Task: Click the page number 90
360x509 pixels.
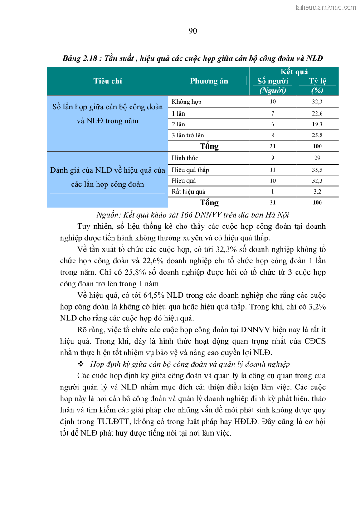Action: pyautogui.click(x=192, y=31)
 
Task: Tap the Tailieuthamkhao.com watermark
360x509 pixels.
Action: pyautogui.click(x=325, y=7)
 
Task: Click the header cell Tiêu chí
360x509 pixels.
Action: pyautogui.click(x=107, y=81)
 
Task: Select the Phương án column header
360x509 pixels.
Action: pyautogui.click(x=209, y=81)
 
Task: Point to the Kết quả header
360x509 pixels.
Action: pyautogui.click(x=294, y=72)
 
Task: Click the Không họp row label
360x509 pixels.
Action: pyautogui.click(x=187, y=102)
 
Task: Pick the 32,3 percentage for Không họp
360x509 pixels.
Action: pyautogui.click(x=317, y=102)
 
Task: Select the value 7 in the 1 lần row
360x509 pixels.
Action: pyautogui.click(x=272, y=113)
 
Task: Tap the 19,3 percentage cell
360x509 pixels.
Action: pyautogui.click(x=317, y=124)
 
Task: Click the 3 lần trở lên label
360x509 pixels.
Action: pyautogui.click(x=188, y=135)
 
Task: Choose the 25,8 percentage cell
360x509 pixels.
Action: pyautogui.click(x=317, y=135)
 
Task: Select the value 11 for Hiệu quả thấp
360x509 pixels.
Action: pyautogui.click(x=272, y=170)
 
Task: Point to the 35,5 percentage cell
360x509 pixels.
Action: pyautogui.click(x=317, y=170)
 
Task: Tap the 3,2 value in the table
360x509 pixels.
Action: pyautogui.click(x=317, y=192)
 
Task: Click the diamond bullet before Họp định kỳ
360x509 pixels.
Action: pyautogui.click(x=81, y=364)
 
